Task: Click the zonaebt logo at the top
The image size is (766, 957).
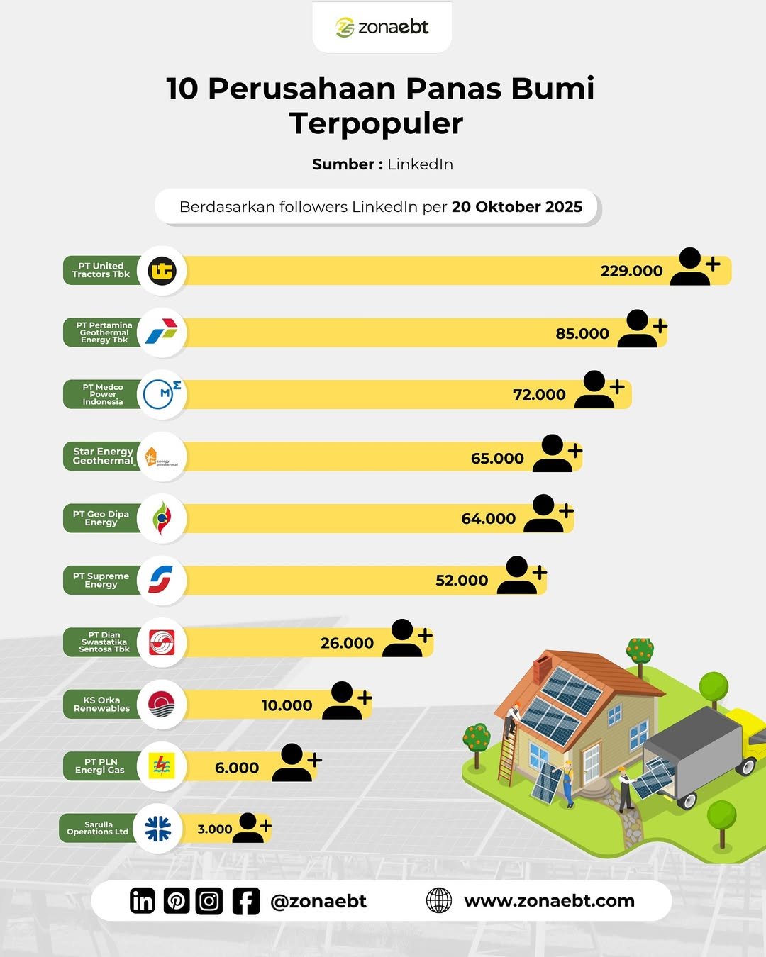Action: click(x=382, y=27)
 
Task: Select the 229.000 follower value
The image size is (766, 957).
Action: click(x=631, y=271)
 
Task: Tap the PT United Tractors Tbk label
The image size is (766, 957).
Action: click(x=101, y=270)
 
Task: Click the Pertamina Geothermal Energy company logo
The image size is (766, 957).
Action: click(x=162, y=332)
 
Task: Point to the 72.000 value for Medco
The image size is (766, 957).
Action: click(x=539, y=395)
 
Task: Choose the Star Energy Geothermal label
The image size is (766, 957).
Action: click(x=103, y=456)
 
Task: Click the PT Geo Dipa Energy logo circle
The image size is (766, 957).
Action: click(x=162, y=518)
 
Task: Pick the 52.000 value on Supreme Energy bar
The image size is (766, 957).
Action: click(x=462, y=581)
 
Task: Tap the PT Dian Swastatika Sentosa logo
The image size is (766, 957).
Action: click(x=162, y=642)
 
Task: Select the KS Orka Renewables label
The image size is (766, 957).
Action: click(x=101, y=704)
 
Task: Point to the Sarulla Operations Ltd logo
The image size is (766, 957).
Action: click(x=157, y=828)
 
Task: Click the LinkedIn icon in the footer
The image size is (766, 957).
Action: click(x=142, y=901)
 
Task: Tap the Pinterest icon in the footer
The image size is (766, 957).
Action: click(x=176, y=901)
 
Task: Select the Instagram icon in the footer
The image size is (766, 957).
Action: click(x=209, y=901)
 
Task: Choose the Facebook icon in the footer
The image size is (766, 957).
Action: click(x=245, y=901)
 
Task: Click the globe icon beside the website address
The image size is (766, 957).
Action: click(x=439, y=900)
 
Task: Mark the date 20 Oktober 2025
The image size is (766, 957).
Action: click(x=516, y=207)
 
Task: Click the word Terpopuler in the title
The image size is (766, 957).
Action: click(x=376, y=123)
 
